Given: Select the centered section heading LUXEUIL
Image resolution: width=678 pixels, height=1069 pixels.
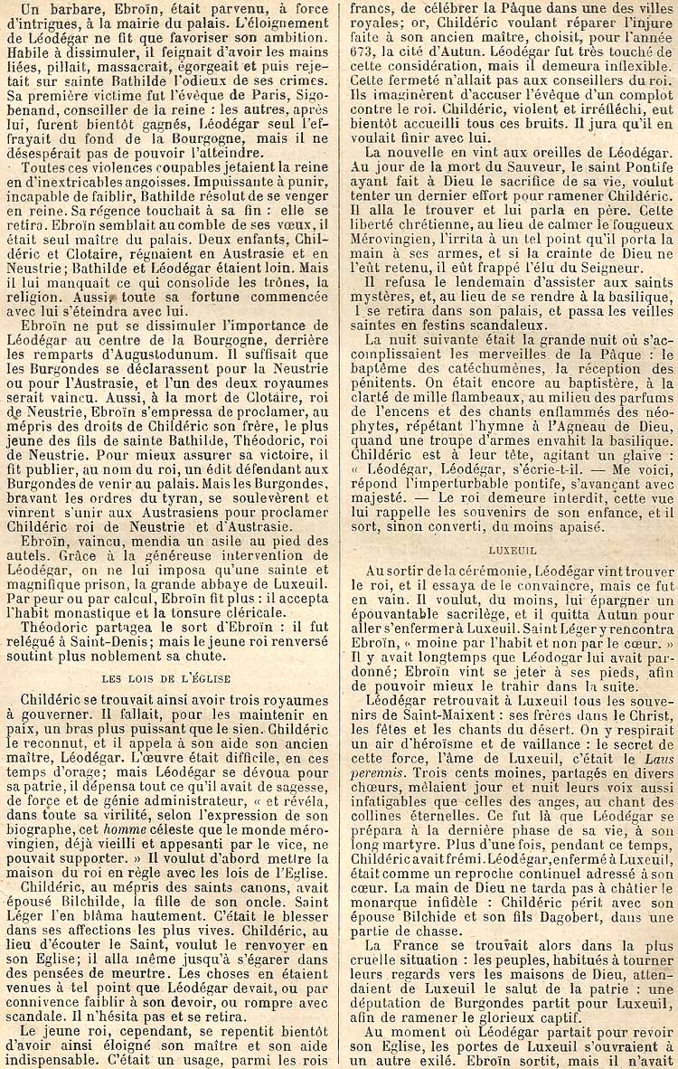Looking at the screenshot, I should (x=512, y=549).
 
